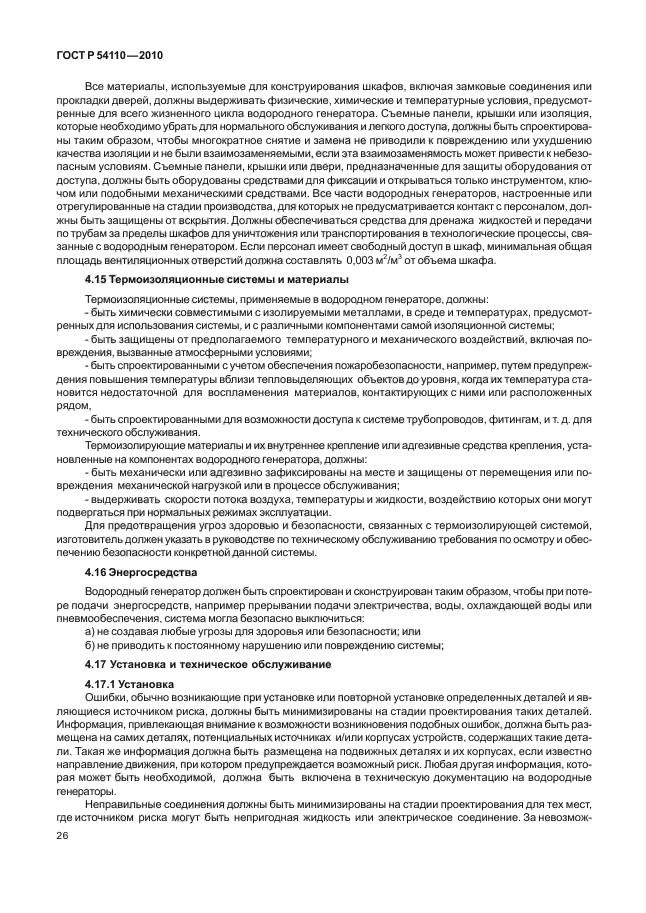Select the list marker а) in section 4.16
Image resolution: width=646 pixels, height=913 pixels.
click(90, 631)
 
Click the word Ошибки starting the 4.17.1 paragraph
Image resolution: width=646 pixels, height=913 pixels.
click(109, 696)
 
